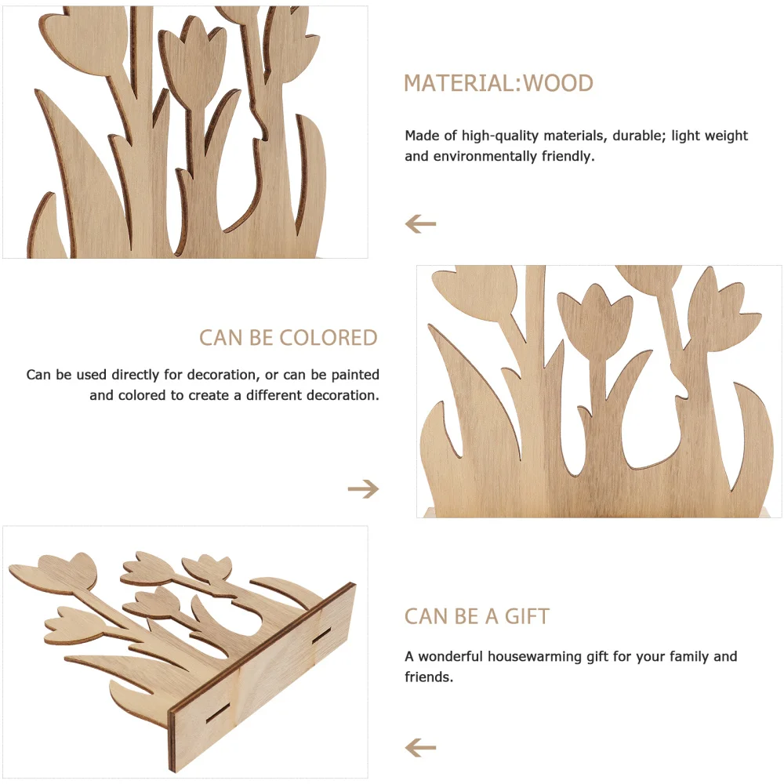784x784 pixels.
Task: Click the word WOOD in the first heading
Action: click(x=558, y=83)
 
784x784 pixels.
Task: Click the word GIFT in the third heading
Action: click(x=527, y=616)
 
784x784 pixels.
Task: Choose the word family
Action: click(x=681, y=656)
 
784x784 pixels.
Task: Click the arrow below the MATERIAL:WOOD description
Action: click(x=420, y=224)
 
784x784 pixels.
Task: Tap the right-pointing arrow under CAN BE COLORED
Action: click(x=363, y=489)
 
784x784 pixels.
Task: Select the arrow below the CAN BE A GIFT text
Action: click(x=420, y=747)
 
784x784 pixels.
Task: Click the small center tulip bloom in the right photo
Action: click(x=595, y=310)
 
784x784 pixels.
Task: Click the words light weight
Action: click(x=710, y=136)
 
